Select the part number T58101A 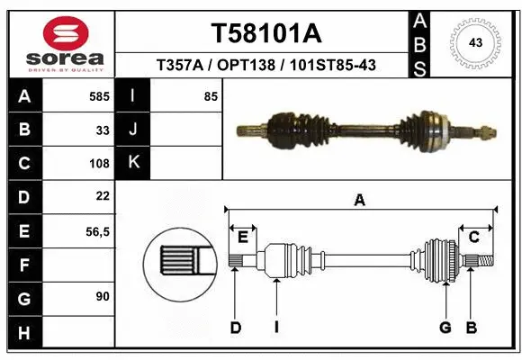click(265, 33)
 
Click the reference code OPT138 click(247, 65)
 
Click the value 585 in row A click(100, 96)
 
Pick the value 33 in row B click(103, 130)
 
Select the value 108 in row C click(100, 164)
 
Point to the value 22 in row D click(103, 196)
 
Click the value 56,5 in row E click(97, 231)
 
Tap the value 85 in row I click(211, 96)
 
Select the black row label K click(134, 163)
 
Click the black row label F click(23, 265)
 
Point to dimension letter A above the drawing click(360, 201)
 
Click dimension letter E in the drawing click(242, 237)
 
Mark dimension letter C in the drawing click(473, 237)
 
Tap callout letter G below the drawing click(445, 328)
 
